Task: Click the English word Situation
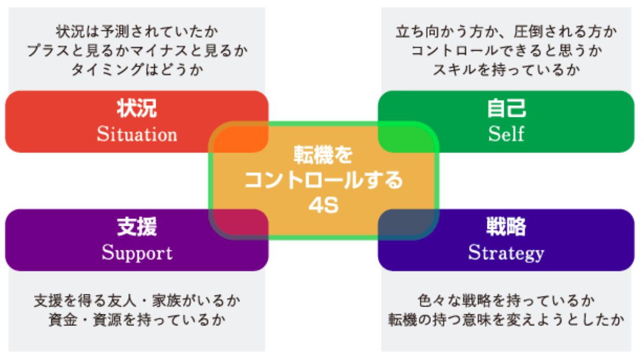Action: click(x=137, y=134)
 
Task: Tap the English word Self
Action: click(x=506, y=134)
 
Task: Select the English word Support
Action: click(x=137, y=252)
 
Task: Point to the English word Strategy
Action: click(x=506, y=252)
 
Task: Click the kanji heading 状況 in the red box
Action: click(x=137, y=109)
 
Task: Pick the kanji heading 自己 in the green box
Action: click(x=506, y=109)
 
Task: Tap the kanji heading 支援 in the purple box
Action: click(x=137, y=227)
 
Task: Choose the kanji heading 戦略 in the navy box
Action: click(x=506, y=227)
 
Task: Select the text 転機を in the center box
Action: click(x=324, y=156)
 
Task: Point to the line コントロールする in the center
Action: click(x=324, y=181)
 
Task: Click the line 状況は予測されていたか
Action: click(x=137, y=32)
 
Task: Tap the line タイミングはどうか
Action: click(x=137, y=69)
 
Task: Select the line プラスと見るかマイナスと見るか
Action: click(x=137, y=50)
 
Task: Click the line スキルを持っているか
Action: click(x=506, y=69)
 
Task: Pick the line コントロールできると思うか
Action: click(x=506, y=50)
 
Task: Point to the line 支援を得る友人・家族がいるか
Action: click(x=137, y=301)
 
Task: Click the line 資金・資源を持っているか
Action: click(x=137, y=319)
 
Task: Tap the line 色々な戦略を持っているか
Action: click(x=506, y=301)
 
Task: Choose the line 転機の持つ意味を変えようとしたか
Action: click(x=506, y=319)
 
